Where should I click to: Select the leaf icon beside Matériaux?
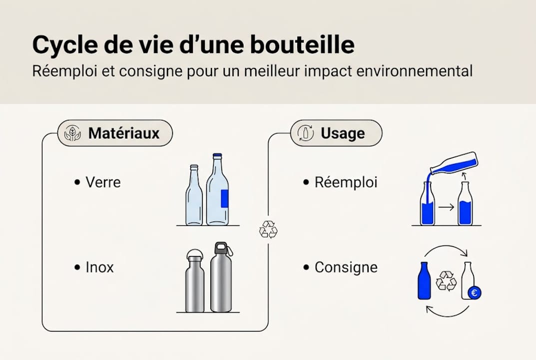73,133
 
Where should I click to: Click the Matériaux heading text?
124,133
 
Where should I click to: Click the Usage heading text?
343,133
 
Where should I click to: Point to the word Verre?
103,182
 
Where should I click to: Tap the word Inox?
99,267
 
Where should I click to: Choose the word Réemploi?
346,182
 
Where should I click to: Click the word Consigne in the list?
346,267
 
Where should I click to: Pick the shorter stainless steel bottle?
194,282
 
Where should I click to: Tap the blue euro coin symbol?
475,293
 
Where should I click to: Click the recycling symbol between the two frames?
268,229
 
